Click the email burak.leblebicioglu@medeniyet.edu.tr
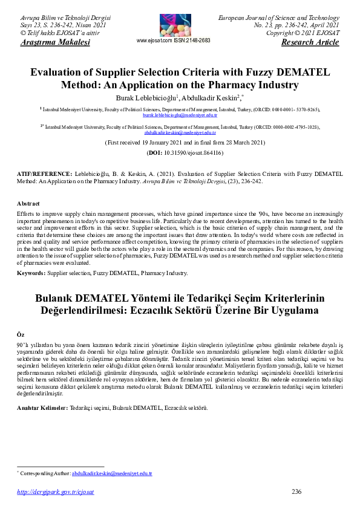180,114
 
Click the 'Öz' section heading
20,334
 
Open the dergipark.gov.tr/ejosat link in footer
55,492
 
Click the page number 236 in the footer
296,491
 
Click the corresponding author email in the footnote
112,473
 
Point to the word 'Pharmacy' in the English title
228,85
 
